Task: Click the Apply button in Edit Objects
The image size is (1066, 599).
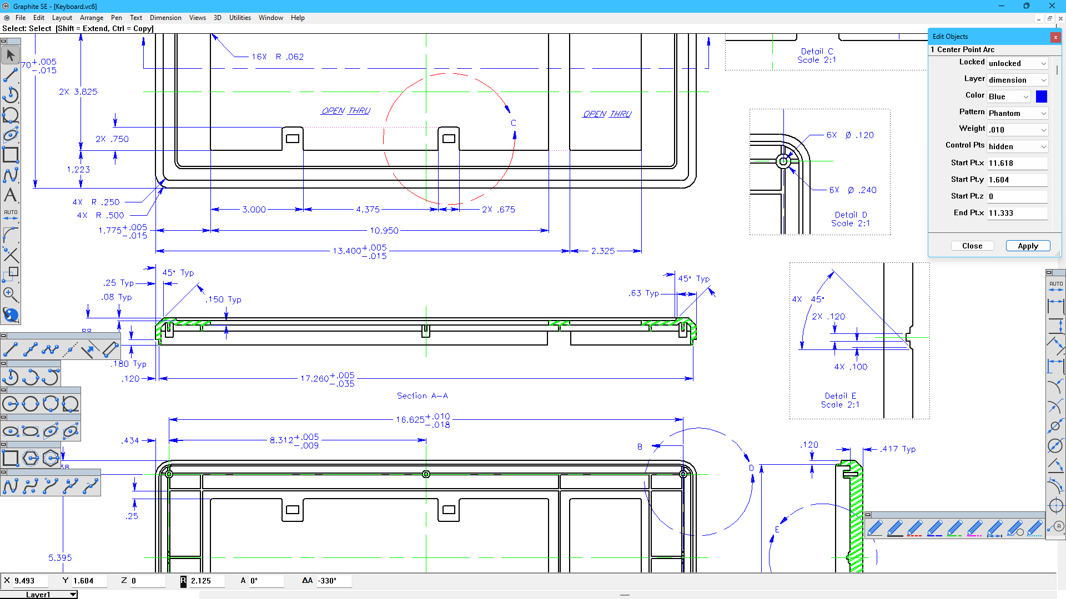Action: pyautogui.click(x=1028, y=246)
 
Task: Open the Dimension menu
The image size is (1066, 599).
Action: pyautogui.click(x=165, y=18)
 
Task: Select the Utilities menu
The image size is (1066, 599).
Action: pyautogui.click(x=240, y=18)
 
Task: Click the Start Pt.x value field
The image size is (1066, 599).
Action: pyautogui.click(x=1017, y=163)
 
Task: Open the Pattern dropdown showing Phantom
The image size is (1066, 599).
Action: pyautogui.click(x=1017, y=113)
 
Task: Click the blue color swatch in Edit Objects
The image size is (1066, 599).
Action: pyautogui.click(x=1042, y=97)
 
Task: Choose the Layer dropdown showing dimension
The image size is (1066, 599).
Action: pyautogui.click(x=1017, y=80)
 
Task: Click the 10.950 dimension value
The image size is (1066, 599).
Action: pyautogui.click(x=384, y=230)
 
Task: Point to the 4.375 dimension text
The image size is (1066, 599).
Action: pyautogui.click(x=368, y=209)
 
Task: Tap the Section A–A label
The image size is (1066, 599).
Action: pyautogui.click(x=423, y=395)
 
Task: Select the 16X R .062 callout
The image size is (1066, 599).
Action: pyautogui.click(x=278, y=57)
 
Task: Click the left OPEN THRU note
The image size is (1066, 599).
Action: pyautogui.click(x=346, y=111)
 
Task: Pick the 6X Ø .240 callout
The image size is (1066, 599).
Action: pyautogui.click(x=853, y=190)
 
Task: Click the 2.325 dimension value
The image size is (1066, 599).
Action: pyautogui.click(x=603, y=251)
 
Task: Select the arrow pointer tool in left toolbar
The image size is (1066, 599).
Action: pyautogui.click(x=11, y=55)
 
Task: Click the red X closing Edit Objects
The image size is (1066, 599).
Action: pyautogui.click(x=1055, y=37)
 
